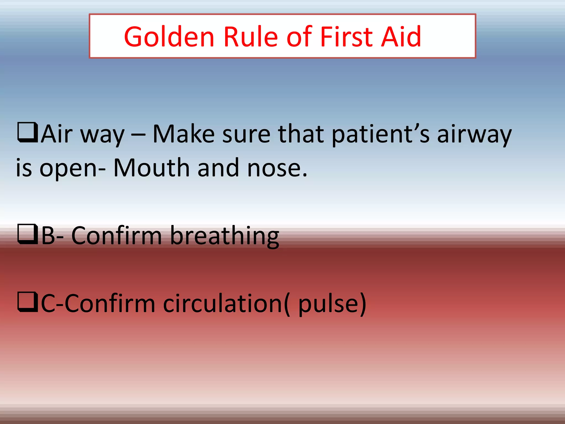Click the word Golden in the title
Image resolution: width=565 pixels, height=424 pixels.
(169, 37)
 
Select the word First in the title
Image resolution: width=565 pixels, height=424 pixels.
(347, 37)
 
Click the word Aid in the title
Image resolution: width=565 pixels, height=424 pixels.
(402, 37)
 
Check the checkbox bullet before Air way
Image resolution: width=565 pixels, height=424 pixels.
(27, 132)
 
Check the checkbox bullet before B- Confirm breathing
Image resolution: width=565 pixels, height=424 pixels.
(27, 234)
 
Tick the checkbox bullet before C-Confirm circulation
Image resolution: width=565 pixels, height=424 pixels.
(27, 302)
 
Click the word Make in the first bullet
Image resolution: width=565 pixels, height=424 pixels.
(183, 134)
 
